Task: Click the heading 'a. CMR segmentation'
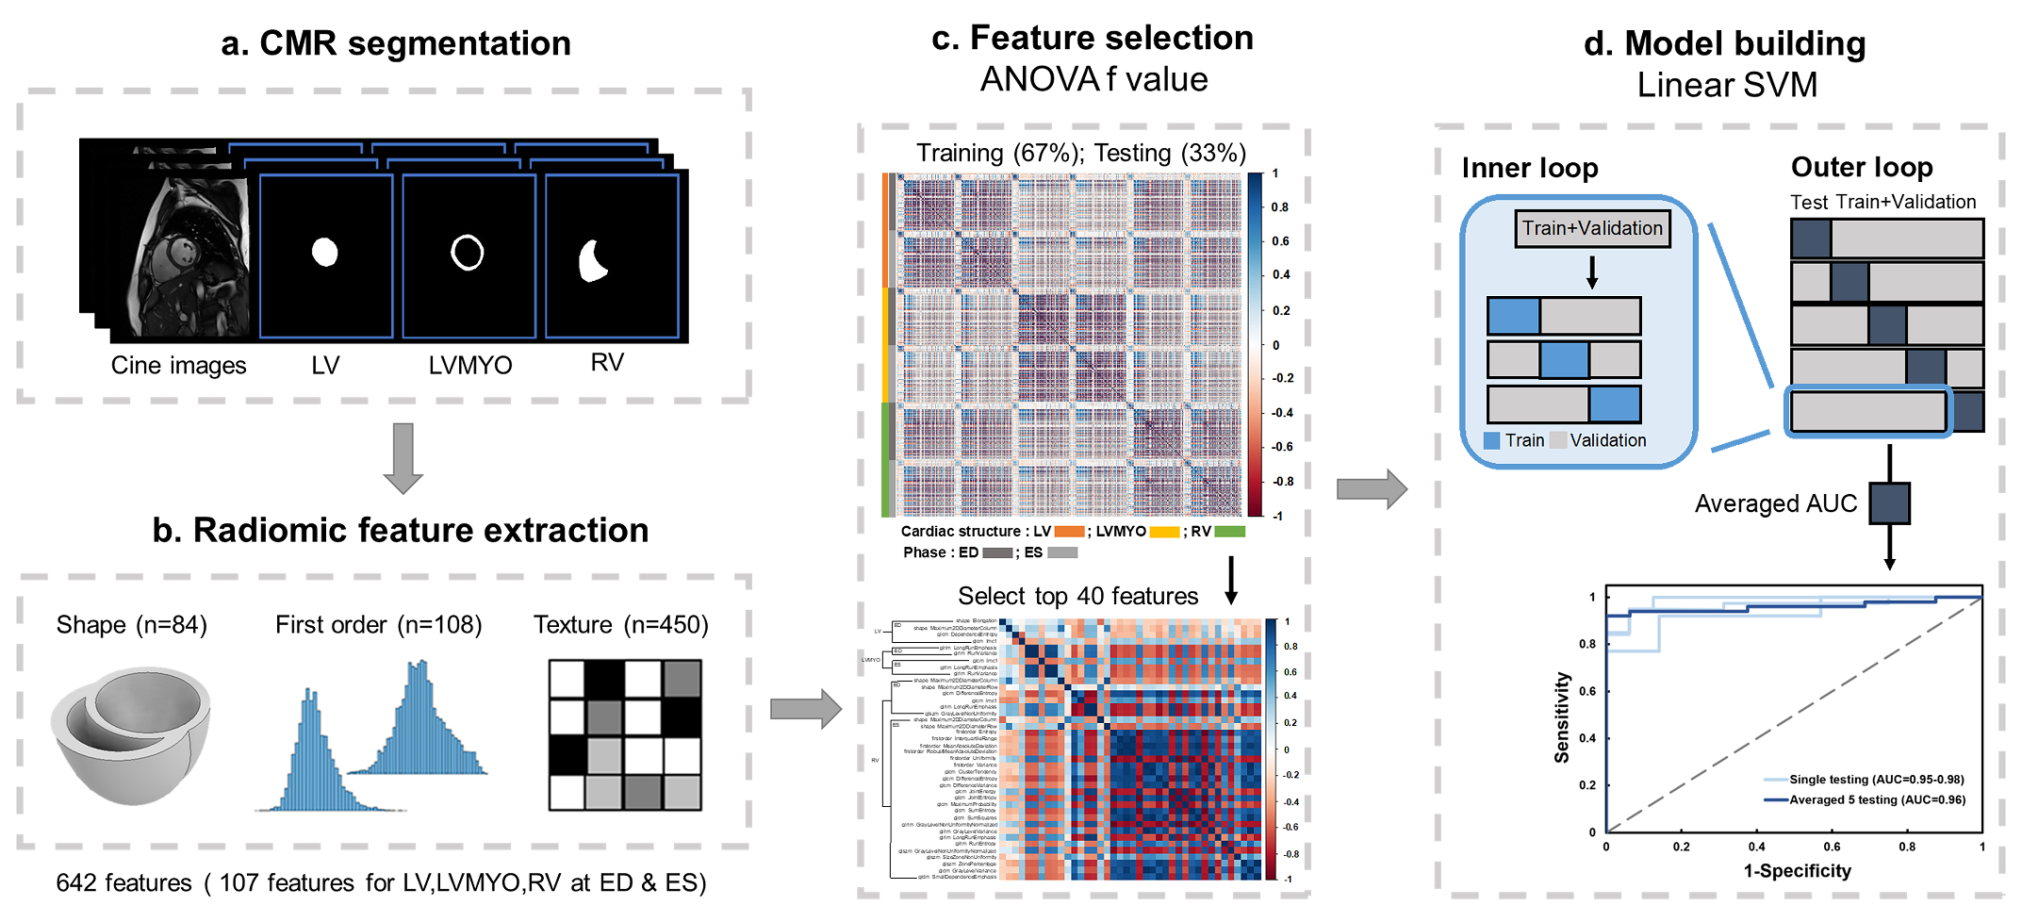396,43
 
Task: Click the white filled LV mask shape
325,253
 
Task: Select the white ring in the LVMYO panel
468,252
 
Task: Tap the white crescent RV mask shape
592,262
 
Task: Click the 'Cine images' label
178,366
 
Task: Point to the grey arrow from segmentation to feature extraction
403,458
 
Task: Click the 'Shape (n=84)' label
132,625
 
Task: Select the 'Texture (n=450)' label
621,625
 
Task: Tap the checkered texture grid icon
625,735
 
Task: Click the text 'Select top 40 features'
1078,596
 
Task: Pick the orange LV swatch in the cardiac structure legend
1069,532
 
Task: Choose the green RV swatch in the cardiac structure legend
1229,532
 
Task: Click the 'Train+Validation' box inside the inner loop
1592,228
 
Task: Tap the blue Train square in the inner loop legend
1491,440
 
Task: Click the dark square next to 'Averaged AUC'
1889,503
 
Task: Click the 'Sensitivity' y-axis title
1562,717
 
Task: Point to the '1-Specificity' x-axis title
1797,871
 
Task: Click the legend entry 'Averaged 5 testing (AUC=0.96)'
1877,800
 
